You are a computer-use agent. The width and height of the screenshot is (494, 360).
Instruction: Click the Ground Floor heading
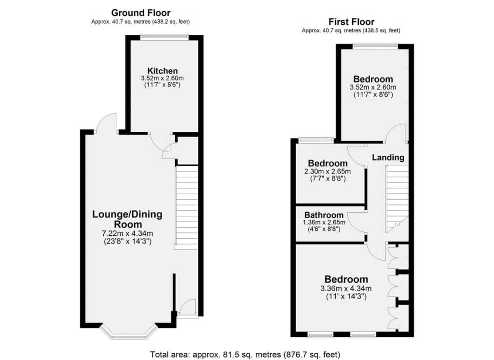click(140, 13)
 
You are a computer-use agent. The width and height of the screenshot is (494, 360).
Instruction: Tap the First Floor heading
click(351, 22)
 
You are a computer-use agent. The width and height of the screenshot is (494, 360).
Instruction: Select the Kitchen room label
click(163, 71)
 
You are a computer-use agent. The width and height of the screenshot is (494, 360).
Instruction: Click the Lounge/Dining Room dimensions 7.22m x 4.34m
click(127, 234)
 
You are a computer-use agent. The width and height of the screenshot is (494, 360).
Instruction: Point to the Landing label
click(388, 158)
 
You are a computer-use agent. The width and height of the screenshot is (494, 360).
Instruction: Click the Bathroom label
click(324, 215)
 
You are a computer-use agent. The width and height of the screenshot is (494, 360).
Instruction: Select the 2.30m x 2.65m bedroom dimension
click(328, 172)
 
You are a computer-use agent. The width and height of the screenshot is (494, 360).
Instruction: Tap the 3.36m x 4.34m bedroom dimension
click(345, 288)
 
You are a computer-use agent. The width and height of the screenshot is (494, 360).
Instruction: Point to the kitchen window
click(164, 37)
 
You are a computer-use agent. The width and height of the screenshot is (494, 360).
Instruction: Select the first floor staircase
click(398, 199)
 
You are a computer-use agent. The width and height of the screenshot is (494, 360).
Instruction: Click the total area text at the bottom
click(245, 355)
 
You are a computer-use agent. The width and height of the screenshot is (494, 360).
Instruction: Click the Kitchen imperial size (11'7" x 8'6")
click(162, 85)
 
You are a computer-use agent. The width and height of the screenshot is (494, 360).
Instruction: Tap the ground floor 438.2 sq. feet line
click(140, 22)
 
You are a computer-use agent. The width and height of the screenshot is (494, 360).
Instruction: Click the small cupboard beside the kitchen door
click(187, 151)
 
